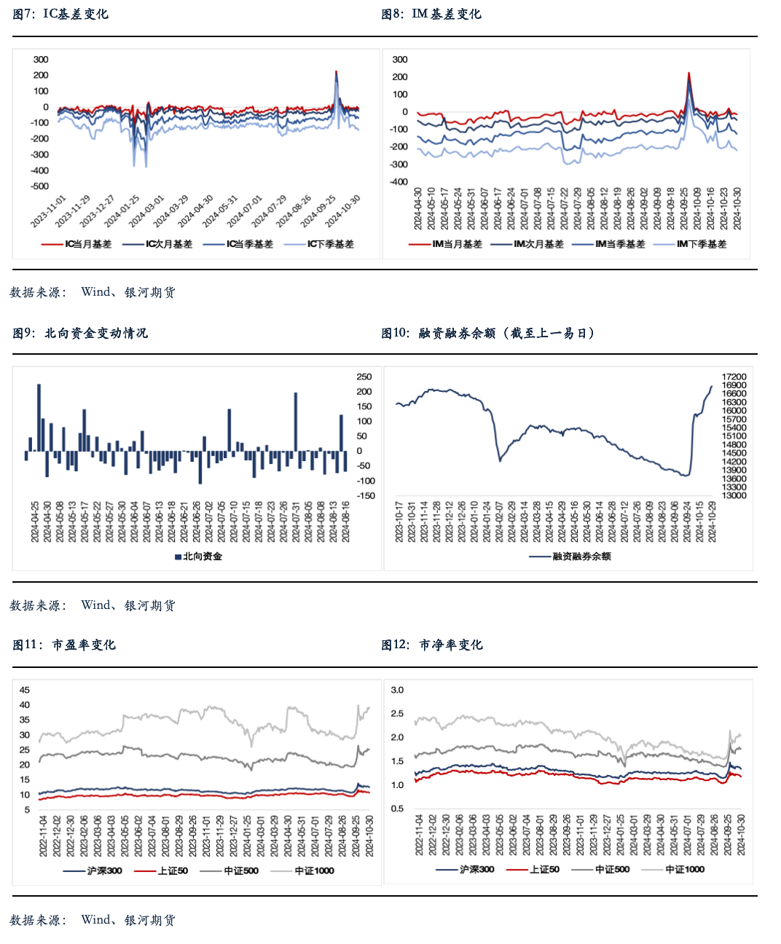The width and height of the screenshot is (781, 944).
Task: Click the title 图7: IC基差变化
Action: (60, 14)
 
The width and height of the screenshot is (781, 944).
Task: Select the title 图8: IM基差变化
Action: (431, 14)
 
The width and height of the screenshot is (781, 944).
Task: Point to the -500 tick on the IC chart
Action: (40, 186)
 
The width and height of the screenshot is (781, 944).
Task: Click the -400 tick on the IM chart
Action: (399, 182)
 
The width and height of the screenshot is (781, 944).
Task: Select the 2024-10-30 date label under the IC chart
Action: (343, 211)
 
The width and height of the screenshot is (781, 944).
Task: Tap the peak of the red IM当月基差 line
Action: (689, 73)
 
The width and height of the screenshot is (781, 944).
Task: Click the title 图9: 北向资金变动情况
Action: (80, 333)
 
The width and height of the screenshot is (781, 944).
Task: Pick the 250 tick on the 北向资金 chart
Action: (364, 377)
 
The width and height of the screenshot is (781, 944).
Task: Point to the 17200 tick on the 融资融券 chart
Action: (734, 377)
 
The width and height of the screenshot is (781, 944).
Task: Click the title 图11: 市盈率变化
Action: (64, 645)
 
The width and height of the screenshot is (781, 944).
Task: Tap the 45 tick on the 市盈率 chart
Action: (25, 690)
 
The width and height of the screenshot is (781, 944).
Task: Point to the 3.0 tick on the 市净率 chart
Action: (397, 690)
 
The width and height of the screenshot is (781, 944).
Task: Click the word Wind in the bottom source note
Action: (95, 920)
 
